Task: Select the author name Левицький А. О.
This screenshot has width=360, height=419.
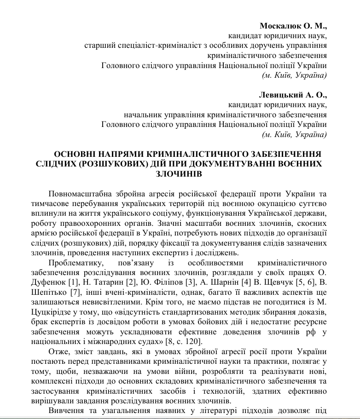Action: click(292, 95)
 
